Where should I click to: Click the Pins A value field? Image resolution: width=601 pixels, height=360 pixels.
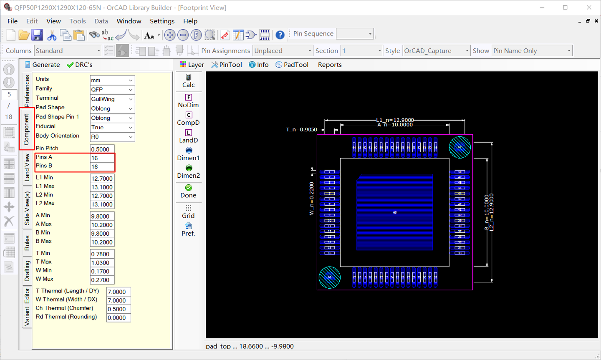pos(102,158)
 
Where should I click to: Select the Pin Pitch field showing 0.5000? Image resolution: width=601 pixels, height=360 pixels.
pos(102,149)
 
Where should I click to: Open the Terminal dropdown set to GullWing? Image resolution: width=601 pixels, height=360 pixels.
pos(112,99)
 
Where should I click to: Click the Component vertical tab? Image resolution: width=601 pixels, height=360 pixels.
pos(26,129)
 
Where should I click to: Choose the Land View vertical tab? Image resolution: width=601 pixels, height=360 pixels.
pos(27,167)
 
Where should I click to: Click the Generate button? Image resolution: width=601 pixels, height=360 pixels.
pos(42,65)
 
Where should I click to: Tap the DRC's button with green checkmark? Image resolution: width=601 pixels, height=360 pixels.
pos(80,65)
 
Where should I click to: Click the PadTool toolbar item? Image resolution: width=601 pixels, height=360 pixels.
pos(292,65)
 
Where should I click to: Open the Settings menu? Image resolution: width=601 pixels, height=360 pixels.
pos(162,21)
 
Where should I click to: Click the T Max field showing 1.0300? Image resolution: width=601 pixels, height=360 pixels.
pos(102,263)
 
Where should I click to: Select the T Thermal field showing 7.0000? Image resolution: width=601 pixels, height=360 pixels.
pos(119,292)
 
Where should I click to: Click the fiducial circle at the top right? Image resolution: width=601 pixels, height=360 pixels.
pos(460,147)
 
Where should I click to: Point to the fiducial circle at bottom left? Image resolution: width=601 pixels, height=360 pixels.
pos(329,277)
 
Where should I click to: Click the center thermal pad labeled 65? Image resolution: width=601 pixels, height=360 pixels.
pos(394,212)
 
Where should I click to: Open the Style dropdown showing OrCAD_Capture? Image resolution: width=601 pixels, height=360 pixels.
pos(436,51)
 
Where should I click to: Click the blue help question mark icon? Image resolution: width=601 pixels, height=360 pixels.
pos(280,35)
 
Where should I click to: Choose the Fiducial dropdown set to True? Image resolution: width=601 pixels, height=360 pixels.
pos(112,128)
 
